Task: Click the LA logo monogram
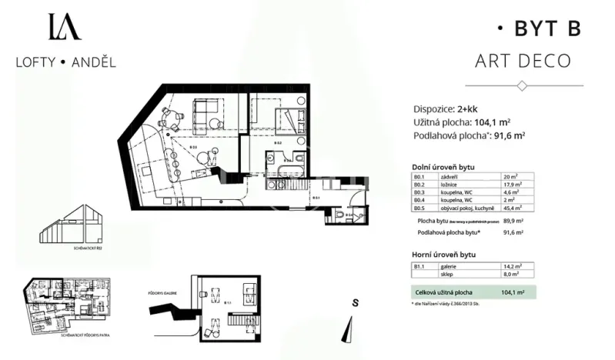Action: point(65,28)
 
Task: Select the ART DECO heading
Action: point(523,61)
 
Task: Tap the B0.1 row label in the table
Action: point(420,177)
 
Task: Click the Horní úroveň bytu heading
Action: point(444,253)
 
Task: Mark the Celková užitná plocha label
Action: point(443,292)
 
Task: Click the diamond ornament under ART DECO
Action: point(523,85)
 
